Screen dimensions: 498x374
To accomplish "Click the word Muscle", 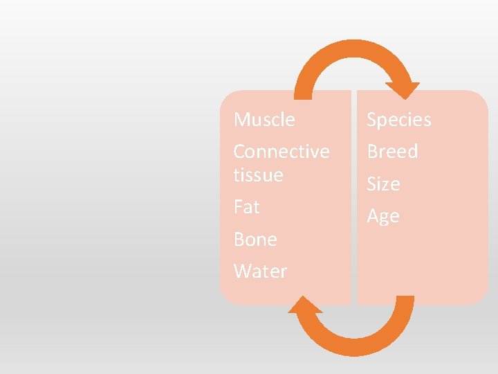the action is pos(264,120).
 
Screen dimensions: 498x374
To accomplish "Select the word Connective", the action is pos(282,152).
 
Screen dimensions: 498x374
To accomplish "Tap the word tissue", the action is pos(258,175).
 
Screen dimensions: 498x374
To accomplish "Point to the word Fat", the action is pos(246,207).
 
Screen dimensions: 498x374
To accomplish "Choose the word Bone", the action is pos(255,240).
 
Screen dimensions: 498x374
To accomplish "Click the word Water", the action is pos(260,271).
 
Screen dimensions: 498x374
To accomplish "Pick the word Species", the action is pos(398,120).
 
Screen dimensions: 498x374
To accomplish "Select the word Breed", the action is pos(392,152).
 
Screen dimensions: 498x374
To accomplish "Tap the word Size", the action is pos(383,184).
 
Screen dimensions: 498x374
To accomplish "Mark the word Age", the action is pos(383,217).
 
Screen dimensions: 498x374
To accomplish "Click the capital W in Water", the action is pos(242,271).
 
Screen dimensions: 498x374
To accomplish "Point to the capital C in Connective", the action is pos(239,152).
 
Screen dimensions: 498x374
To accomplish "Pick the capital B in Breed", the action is pos(372,152).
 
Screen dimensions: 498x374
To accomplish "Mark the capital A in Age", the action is pos(373,216).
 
